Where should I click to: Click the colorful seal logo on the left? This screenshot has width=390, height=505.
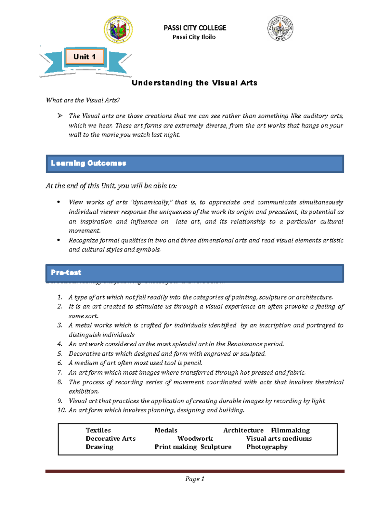tap(118, 30)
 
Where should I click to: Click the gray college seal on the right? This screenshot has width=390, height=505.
tap(280, 28)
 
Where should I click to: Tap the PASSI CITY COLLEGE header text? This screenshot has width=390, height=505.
tap(195, 28)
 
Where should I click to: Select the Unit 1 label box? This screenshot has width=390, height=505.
tap(84, 57)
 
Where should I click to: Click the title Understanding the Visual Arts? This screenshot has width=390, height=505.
tap(194, 83)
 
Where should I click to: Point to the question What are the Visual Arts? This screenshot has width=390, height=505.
tap(83, 100)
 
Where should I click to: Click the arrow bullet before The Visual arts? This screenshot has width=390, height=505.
tap(60, 116)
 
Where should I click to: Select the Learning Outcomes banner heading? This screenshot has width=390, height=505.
tap(88, 163)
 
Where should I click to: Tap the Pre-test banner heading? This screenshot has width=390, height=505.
tap(66, 272)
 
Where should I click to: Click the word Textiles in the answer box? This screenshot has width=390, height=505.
tap(98, 430)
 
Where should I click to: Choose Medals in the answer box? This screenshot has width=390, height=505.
tap(166, 430)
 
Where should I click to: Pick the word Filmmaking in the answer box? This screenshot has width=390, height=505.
tap(290, 430)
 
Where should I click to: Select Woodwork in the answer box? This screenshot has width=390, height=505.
tap(195, 439)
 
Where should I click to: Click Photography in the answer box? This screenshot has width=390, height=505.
tap(267, 447)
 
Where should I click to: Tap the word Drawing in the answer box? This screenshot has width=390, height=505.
tap(99, 447)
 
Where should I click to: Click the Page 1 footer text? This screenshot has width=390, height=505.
tap(195, 479)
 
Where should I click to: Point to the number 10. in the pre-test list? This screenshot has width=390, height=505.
tap(61, 410)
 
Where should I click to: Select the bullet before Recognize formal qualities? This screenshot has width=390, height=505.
tap(58, 240)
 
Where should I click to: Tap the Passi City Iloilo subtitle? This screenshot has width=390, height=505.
tap(194, 37)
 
